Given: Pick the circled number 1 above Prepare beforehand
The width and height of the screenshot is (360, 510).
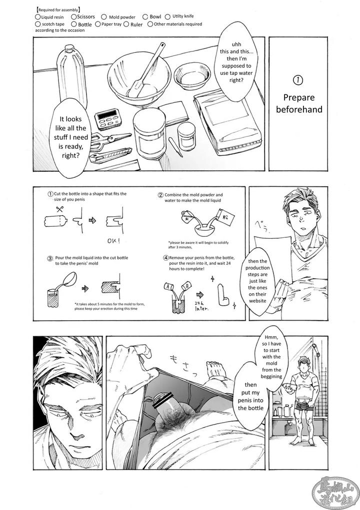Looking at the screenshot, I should [299, 79].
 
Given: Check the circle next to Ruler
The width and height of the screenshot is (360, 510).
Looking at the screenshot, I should [126, 23].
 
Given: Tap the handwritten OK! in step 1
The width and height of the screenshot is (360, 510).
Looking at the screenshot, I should [113, 241].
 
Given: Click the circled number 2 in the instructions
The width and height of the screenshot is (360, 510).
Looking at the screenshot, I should [160, 195].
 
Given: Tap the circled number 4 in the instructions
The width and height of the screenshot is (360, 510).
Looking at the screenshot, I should [165, 258].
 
